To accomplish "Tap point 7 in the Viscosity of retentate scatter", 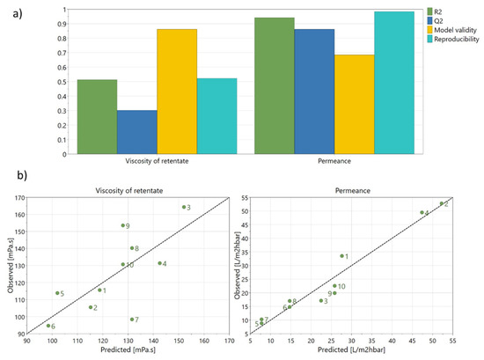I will pos(132,320).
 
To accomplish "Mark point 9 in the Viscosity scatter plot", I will pos(123,225).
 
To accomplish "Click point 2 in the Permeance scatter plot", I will pos(442,203).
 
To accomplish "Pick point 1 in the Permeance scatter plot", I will pos(341,256).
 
